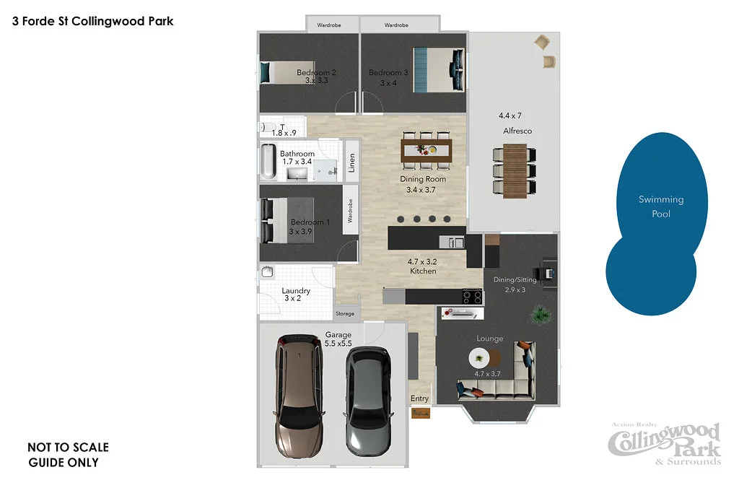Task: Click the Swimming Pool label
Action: (661, 206)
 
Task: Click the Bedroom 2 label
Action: (316, 73)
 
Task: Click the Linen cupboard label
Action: (351, 164)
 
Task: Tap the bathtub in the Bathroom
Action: (267, 163)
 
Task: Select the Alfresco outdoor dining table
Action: (515, 169)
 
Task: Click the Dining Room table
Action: (427, 150)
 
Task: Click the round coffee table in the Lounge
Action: (481, 357)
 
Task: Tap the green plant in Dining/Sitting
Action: (540, 314)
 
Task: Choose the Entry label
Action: (419, 398)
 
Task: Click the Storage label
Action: (345, 314)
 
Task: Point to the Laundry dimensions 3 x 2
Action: (292, 298)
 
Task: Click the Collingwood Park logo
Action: (665, 444)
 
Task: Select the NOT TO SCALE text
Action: (68, 448)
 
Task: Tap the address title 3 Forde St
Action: (93, 22)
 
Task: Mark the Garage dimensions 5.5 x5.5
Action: (338, 344)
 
